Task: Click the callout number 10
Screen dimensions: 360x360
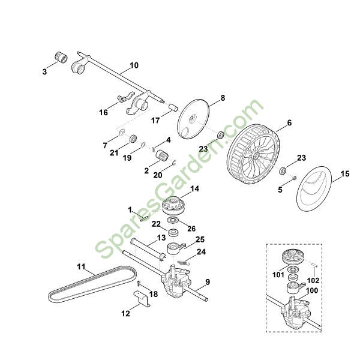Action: point(133,65)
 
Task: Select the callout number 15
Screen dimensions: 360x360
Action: point(344,175)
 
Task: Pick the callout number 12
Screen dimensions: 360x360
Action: point(125,312)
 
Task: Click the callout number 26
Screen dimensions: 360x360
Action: point(192,228)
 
